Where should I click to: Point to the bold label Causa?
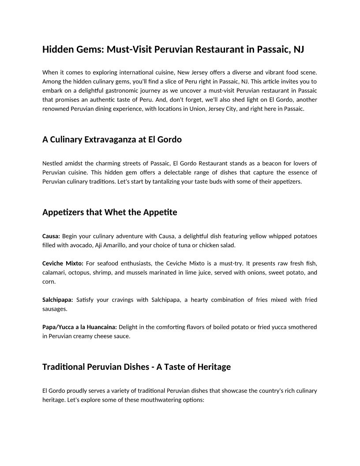click(51, 236)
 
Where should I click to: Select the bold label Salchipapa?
click(58, 300)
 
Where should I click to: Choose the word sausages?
click(55, 309)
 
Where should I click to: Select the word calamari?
click(54, 272)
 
